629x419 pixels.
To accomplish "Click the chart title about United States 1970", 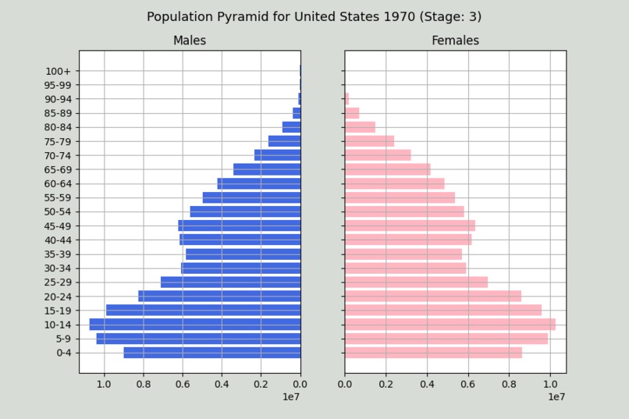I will point(314,16).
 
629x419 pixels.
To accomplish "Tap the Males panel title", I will point(190,41).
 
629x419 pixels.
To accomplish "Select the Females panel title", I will point(455,41).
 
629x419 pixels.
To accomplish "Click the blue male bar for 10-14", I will point(195,325).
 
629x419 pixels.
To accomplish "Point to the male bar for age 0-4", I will point(212,353).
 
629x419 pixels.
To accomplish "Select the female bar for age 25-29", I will point(416,282).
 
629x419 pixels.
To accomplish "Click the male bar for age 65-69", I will point(267,169).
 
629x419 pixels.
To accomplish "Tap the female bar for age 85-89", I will point(352,113).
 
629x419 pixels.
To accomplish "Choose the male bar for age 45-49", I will point(240,226).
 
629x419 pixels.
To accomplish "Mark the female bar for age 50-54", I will point(404,212).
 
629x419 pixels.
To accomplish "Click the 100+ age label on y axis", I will point(57,71).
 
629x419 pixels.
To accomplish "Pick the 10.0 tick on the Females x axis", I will point(549,383).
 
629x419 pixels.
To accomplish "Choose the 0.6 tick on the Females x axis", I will point(467,383).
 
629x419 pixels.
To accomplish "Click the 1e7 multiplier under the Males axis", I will point(291,397).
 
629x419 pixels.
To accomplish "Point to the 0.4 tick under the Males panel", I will point(222,383).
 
